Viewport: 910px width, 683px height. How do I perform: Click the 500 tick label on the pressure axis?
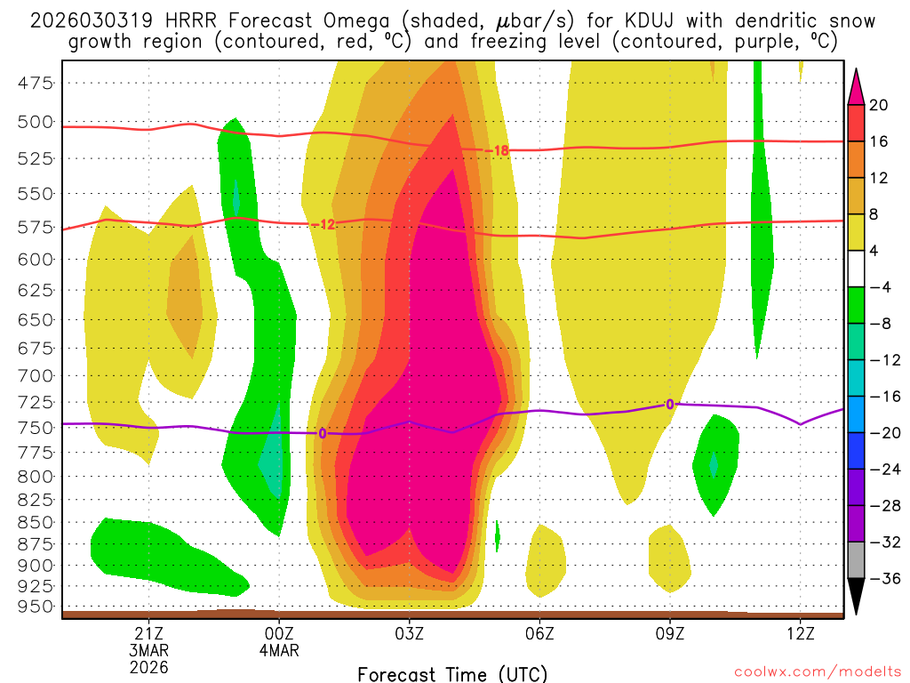pyautogui.click(x=36, y=122)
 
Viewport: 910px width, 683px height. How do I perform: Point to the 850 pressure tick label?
pyautogui.click(x=36, y=522)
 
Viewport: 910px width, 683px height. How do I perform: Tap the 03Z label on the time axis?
pyautogui.click(x=409, y=634)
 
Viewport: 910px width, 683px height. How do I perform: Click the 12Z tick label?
pyautogui.click(x=800, y=634)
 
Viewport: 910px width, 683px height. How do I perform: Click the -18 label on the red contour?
pyautogui.click(x=499, y=151)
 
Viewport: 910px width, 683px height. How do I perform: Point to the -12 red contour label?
pyautogui.click(x=325, y=224)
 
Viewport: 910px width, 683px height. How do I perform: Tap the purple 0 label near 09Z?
pyautogui.click(x=670, y=405)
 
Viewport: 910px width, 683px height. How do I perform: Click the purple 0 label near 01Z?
pyautogui.click(x=322, y=433)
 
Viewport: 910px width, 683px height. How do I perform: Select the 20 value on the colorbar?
pyautogui.click(x=879, y=105)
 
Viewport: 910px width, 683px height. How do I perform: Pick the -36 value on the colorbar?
pyautogui.click(x=882, y=579)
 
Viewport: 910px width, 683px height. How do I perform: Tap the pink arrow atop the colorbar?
pyautogui.click(x=856, y=84)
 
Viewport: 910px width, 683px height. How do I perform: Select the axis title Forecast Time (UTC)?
pyautogui.click(x=452, y=673)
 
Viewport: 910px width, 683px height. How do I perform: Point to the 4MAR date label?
pyautogui.click(x=279, y=650)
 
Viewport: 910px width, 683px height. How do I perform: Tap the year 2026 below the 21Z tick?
pyautogui.click(x=148, y=666)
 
